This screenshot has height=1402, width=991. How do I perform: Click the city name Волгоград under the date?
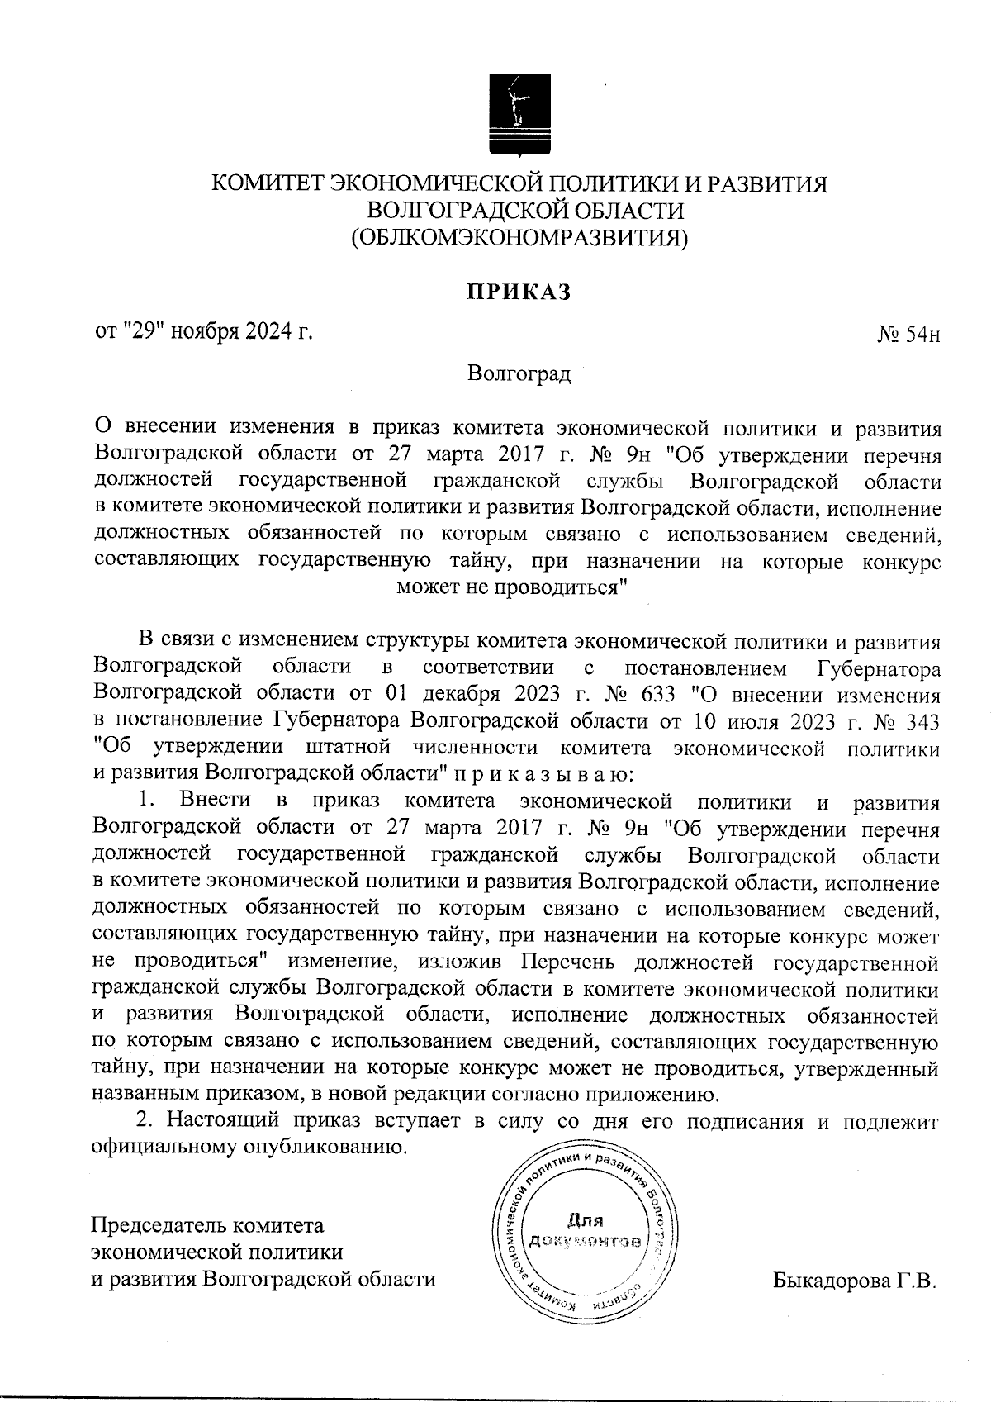point(519,374)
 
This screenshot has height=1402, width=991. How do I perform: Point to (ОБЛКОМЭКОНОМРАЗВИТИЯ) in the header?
point(519,238)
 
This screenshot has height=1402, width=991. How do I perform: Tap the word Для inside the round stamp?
point(585,1219)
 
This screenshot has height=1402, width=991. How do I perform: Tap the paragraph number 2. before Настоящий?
point(145,1121)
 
